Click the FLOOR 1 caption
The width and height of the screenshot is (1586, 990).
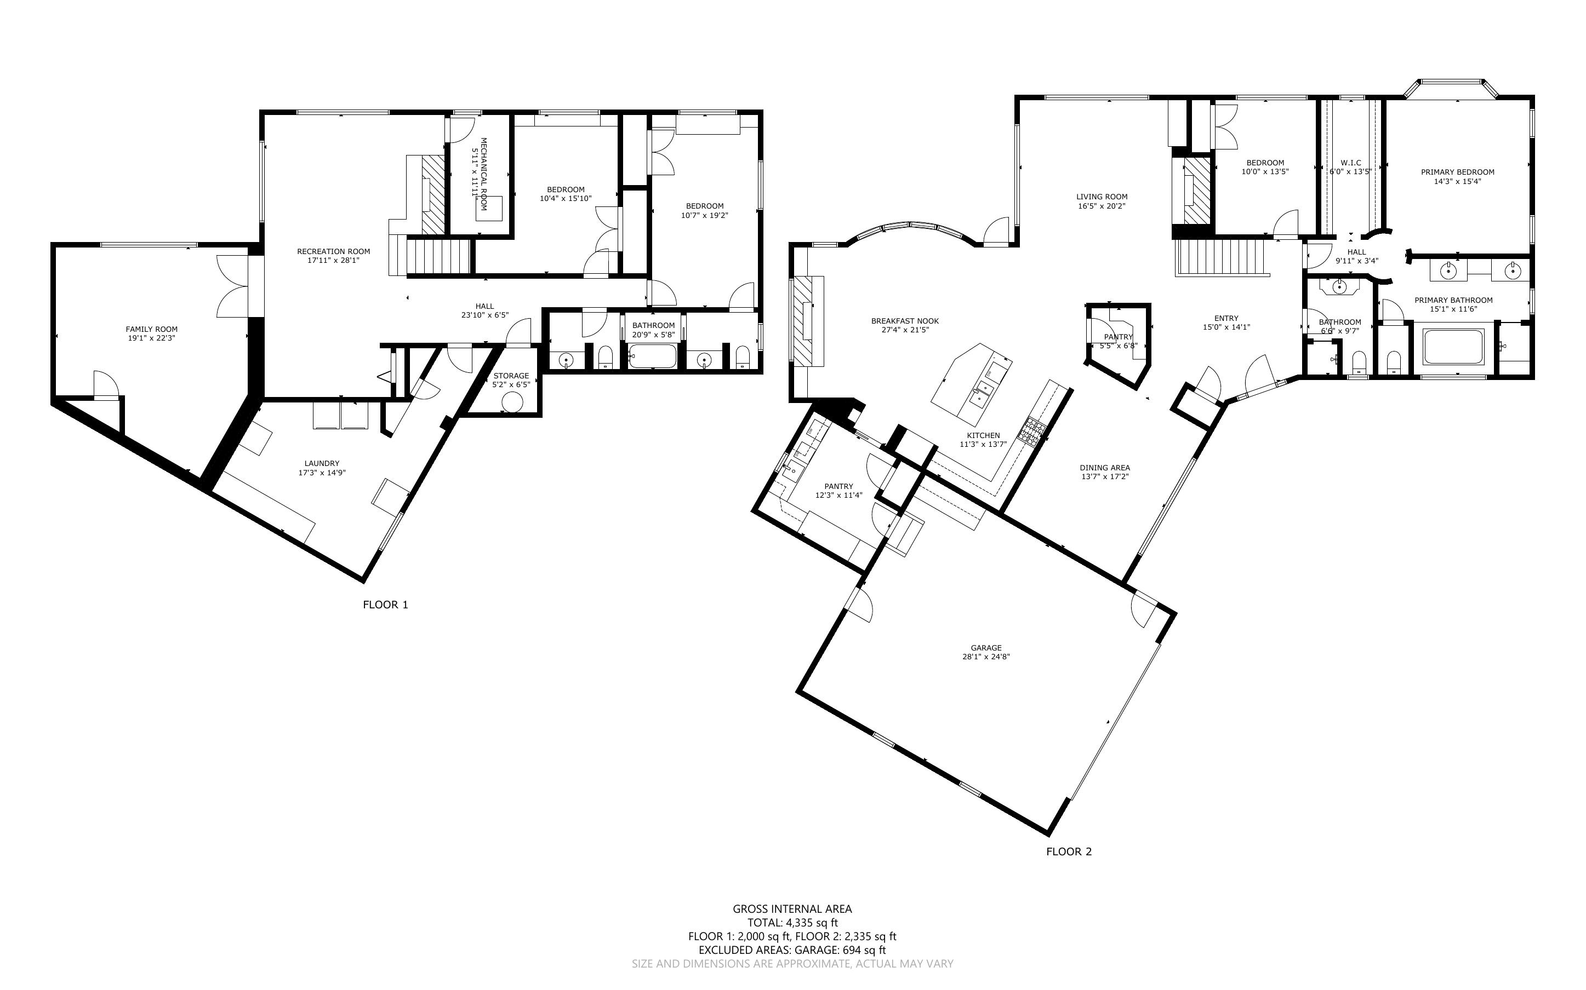[385, 605]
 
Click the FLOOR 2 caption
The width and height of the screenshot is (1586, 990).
[1069, 851]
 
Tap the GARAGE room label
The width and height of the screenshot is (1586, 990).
[986, 648]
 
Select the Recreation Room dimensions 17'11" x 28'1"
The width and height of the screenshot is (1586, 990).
[333, 260]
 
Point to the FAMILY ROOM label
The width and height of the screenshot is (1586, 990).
[152, 329]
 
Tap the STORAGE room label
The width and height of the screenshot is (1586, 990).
[511, 376]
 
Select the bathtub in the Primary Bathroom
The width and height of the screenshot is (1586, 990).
[1452, 347]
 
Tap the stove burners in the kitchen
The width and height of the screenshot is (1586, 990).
[1031, 431]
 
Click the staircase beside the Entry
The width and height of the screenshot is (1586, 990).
[1220, 257]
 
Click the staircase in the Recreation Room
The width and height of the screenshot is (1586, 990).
[439, 256]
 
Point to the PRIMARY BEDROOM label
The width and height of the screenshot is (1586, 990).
[1458, 172]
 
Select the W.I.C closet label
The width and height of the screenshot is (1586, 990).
[1351, 163]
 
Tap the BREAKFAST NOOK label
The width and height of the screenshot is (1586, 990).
[905, 321]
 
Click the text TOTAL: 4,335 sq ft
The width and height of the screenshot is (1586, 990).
[792, 923]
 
